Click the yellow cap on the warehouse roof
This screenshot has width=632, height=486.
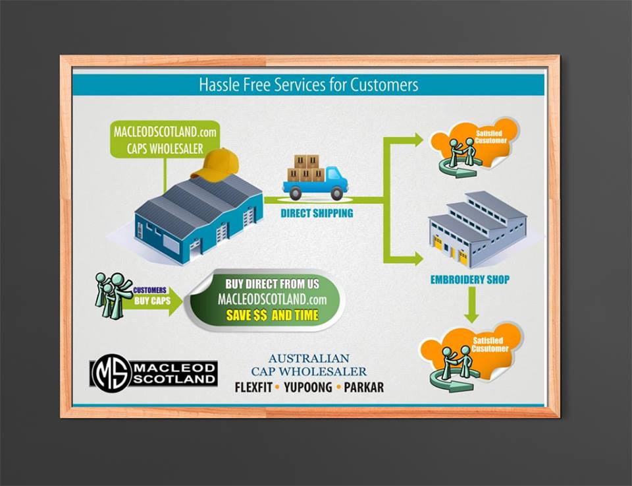point(215,165)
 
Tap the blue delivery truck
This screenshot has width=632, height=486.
point(316,179)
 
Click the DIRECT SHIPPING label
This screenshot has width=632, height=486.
point(317,213)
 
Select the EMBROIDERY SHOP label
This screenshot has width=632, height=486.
point(469,279)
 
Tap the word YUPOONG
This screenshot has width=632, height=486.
point(307,387)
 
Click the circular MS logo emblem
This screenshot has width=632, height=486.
point(111,373)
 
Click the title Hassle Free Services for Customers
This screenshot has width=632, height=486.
point(308,85)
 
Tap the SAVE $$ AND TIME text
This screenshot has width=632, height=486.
point(272,315)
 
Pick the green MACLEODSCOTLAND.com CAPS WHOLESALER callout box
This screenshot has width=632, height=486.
point(164,138)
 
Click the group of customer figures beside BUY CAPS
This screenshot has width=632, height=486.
point(113,295)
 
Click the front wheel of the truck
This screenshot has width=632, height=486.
point(336,194)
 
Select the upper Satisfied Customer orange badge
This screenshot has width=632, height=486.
point(473,146)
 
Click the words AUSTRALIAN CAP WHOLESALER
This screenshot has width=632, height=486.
point(309,365)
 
